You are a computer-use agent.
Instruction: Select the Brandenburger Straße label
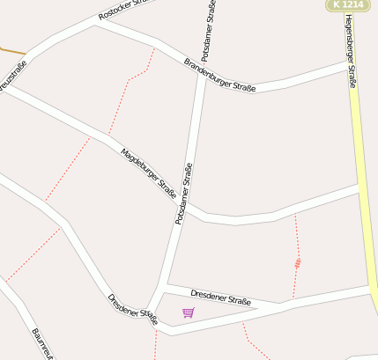[x=219, y=75]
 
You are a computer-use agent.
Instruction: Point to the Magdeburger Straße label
[x=148, y=173]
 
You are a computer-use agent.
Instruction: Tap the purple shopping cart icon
[x=188, y=312]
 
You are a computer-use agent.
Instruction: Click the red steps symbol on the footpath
[x=299, y=261]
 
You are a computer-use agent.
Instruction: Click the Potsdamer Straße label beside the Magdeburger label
[x=183, y=194]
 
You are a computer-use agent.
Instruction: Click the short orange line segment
[x=11, y=50]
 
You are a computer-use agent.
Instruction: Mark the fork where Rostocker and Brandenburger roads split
[x=94, y=25]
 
